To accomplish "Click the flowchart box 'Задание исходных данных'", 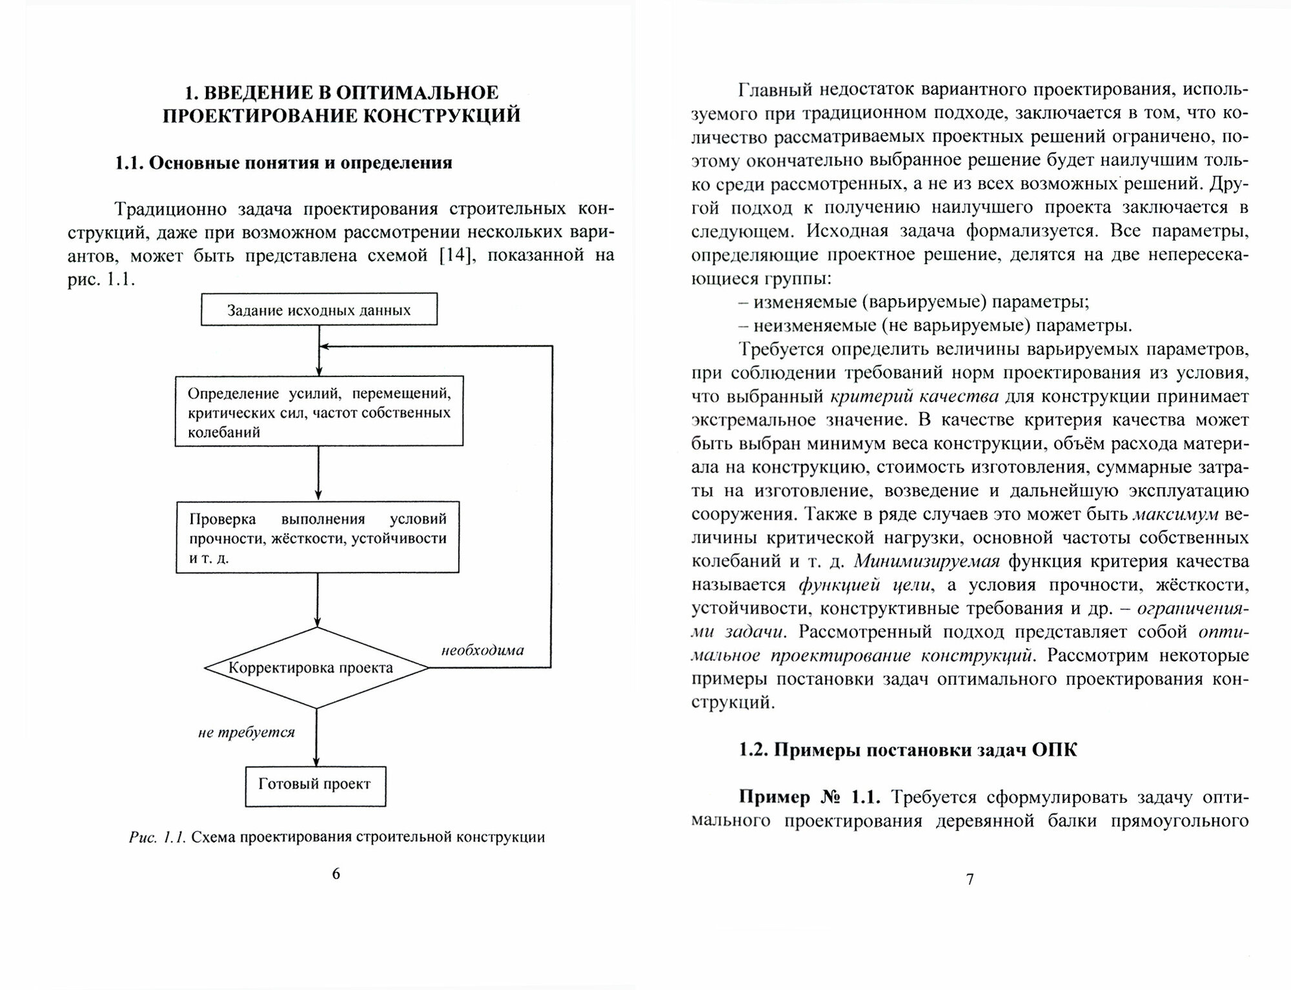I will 319,310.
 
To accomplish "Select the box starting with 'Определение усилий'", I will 319,411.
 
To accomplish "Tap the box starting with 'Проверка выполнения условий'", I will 318,537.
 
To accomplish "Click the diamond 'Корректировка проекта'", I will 316,668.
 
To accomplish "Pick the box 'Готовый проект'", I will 315,785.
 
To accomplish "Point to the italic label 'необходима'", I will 482,650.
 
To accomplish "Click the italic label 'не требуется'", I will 246,732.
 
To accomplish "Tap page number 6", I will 336,874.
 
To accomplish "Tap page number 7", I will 970,879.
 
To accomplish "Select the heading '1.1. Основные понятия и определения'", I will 283,163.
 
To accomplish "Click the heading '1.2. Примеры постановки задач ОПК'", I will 908,750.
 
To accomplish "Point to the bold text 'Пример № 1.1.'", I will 809,798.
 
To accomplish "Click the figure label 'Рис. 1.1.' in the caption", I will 158,838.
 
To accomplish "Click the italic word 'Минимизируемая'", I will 927,561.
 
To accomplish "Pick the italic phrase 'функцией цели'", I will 865,585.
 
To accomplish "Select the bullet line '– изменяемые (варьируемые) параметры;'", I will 914,302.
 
